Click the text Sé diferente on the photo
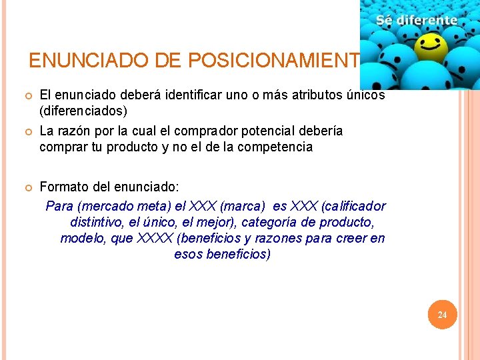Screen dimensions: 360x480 pos(417,20)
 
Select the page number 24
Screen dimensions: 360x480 pos(442,315)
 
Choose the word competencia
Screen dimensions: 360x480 pos(273,147)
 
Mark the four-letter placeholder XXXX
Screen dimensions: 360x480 pos(155,238)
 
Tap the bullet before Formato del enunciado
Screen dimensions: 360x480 pos(29,187)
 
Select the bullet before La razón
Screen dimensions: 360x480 pos(29,131)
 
